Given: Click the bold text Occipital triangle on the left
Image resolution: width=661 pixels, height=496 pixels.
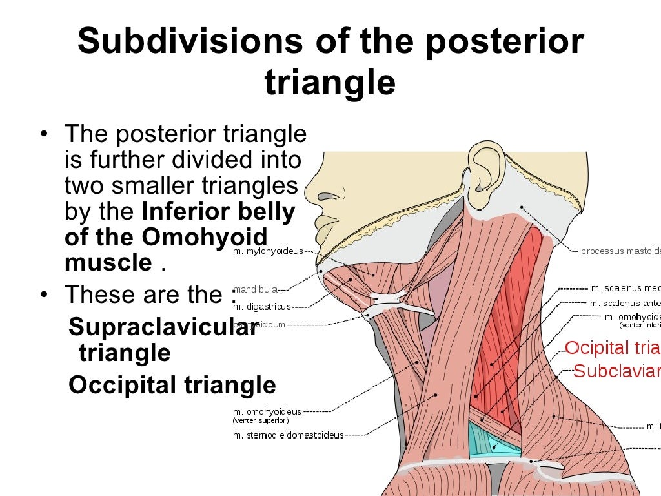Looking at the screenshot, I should tap(172, 385).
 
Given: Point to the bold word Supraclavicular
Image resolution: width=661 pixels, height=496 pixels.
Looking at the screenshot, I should tap(163, 327).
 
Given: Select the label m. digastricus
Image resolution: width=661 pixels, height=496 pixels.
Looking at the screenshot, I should tap(261, 307).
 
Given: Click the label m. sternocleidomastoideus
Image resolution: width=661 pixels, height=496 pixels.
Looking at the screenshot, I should tap(288, 435).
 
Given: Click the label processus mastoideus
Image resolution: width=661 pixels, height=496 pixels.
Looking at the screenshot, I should tap(620, 251).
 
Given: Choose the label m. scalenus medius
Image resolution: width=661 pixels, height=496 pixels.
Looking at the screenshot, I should tap(625, 288).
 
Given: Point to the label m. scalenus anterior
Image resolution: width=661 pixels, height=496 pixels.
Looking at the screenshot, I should tap(624, 303).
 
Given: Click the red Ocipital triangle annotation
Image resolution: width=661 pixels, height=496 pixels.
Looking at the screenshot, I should tap(612, 348).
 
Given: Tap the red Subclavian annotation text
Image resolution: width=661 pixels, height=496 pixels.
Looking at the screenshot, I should tap(616, 371).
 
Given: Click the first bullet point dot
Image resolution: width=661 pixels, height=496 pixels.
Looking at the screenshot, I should tap(43, 135).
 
